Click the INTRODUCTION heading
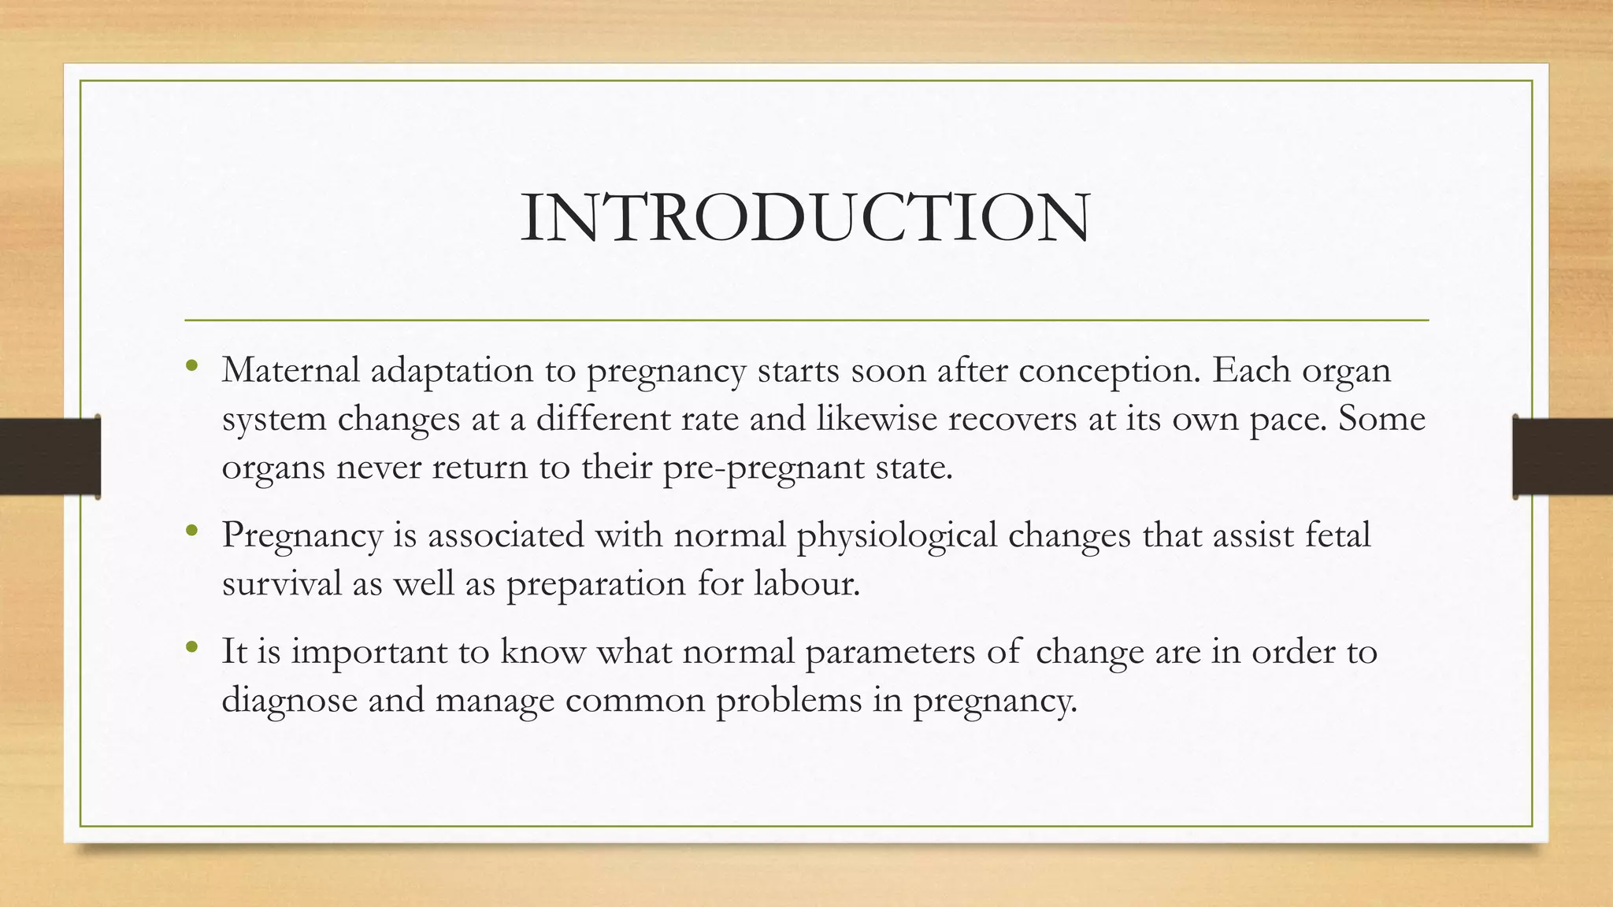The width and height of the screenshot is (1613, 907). [x=805, y=218]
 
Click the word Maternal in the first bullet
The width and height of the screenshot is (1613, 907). [x=291, y=370]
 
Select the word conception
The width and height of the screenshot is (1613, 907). [x=1109, y=372]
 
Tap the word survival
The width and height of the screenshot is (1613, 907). [x=281, y=583]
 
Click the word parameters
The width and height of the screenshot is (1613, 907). [x=889, y=653]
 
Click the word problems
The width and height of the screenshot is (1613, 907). [x=788, y=700]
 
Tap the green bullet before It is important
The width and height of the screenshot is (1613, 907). [x=192, y=647]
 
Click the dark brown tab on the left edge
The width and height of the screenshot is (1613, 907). [x=50, y=457]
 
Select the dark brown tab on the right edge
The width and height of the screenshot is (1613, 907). [x=1563, y=457]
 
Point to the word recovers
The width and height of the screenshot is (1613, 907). [x=1012, y=418]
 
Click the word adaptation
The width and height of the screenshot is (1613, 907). [x=451, y=372]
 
